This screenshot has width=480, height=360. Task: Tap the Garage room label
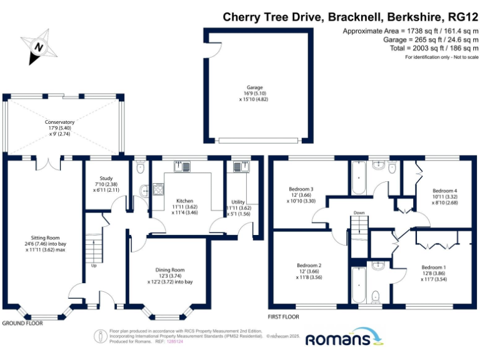(x=254, y=87)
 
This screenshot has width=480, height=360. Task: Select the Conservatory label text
(x=60, y=122)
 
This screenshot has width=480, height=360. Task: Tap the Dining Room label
(x=171, y=270)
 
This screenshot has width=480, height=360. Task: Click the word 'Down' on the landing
(x=359, y=212)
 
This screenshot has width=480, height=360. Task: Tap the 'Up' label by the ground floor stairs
(x=94, y=265)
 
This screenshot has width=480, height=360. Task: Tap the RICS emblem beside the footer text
(x=101, y=336)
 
